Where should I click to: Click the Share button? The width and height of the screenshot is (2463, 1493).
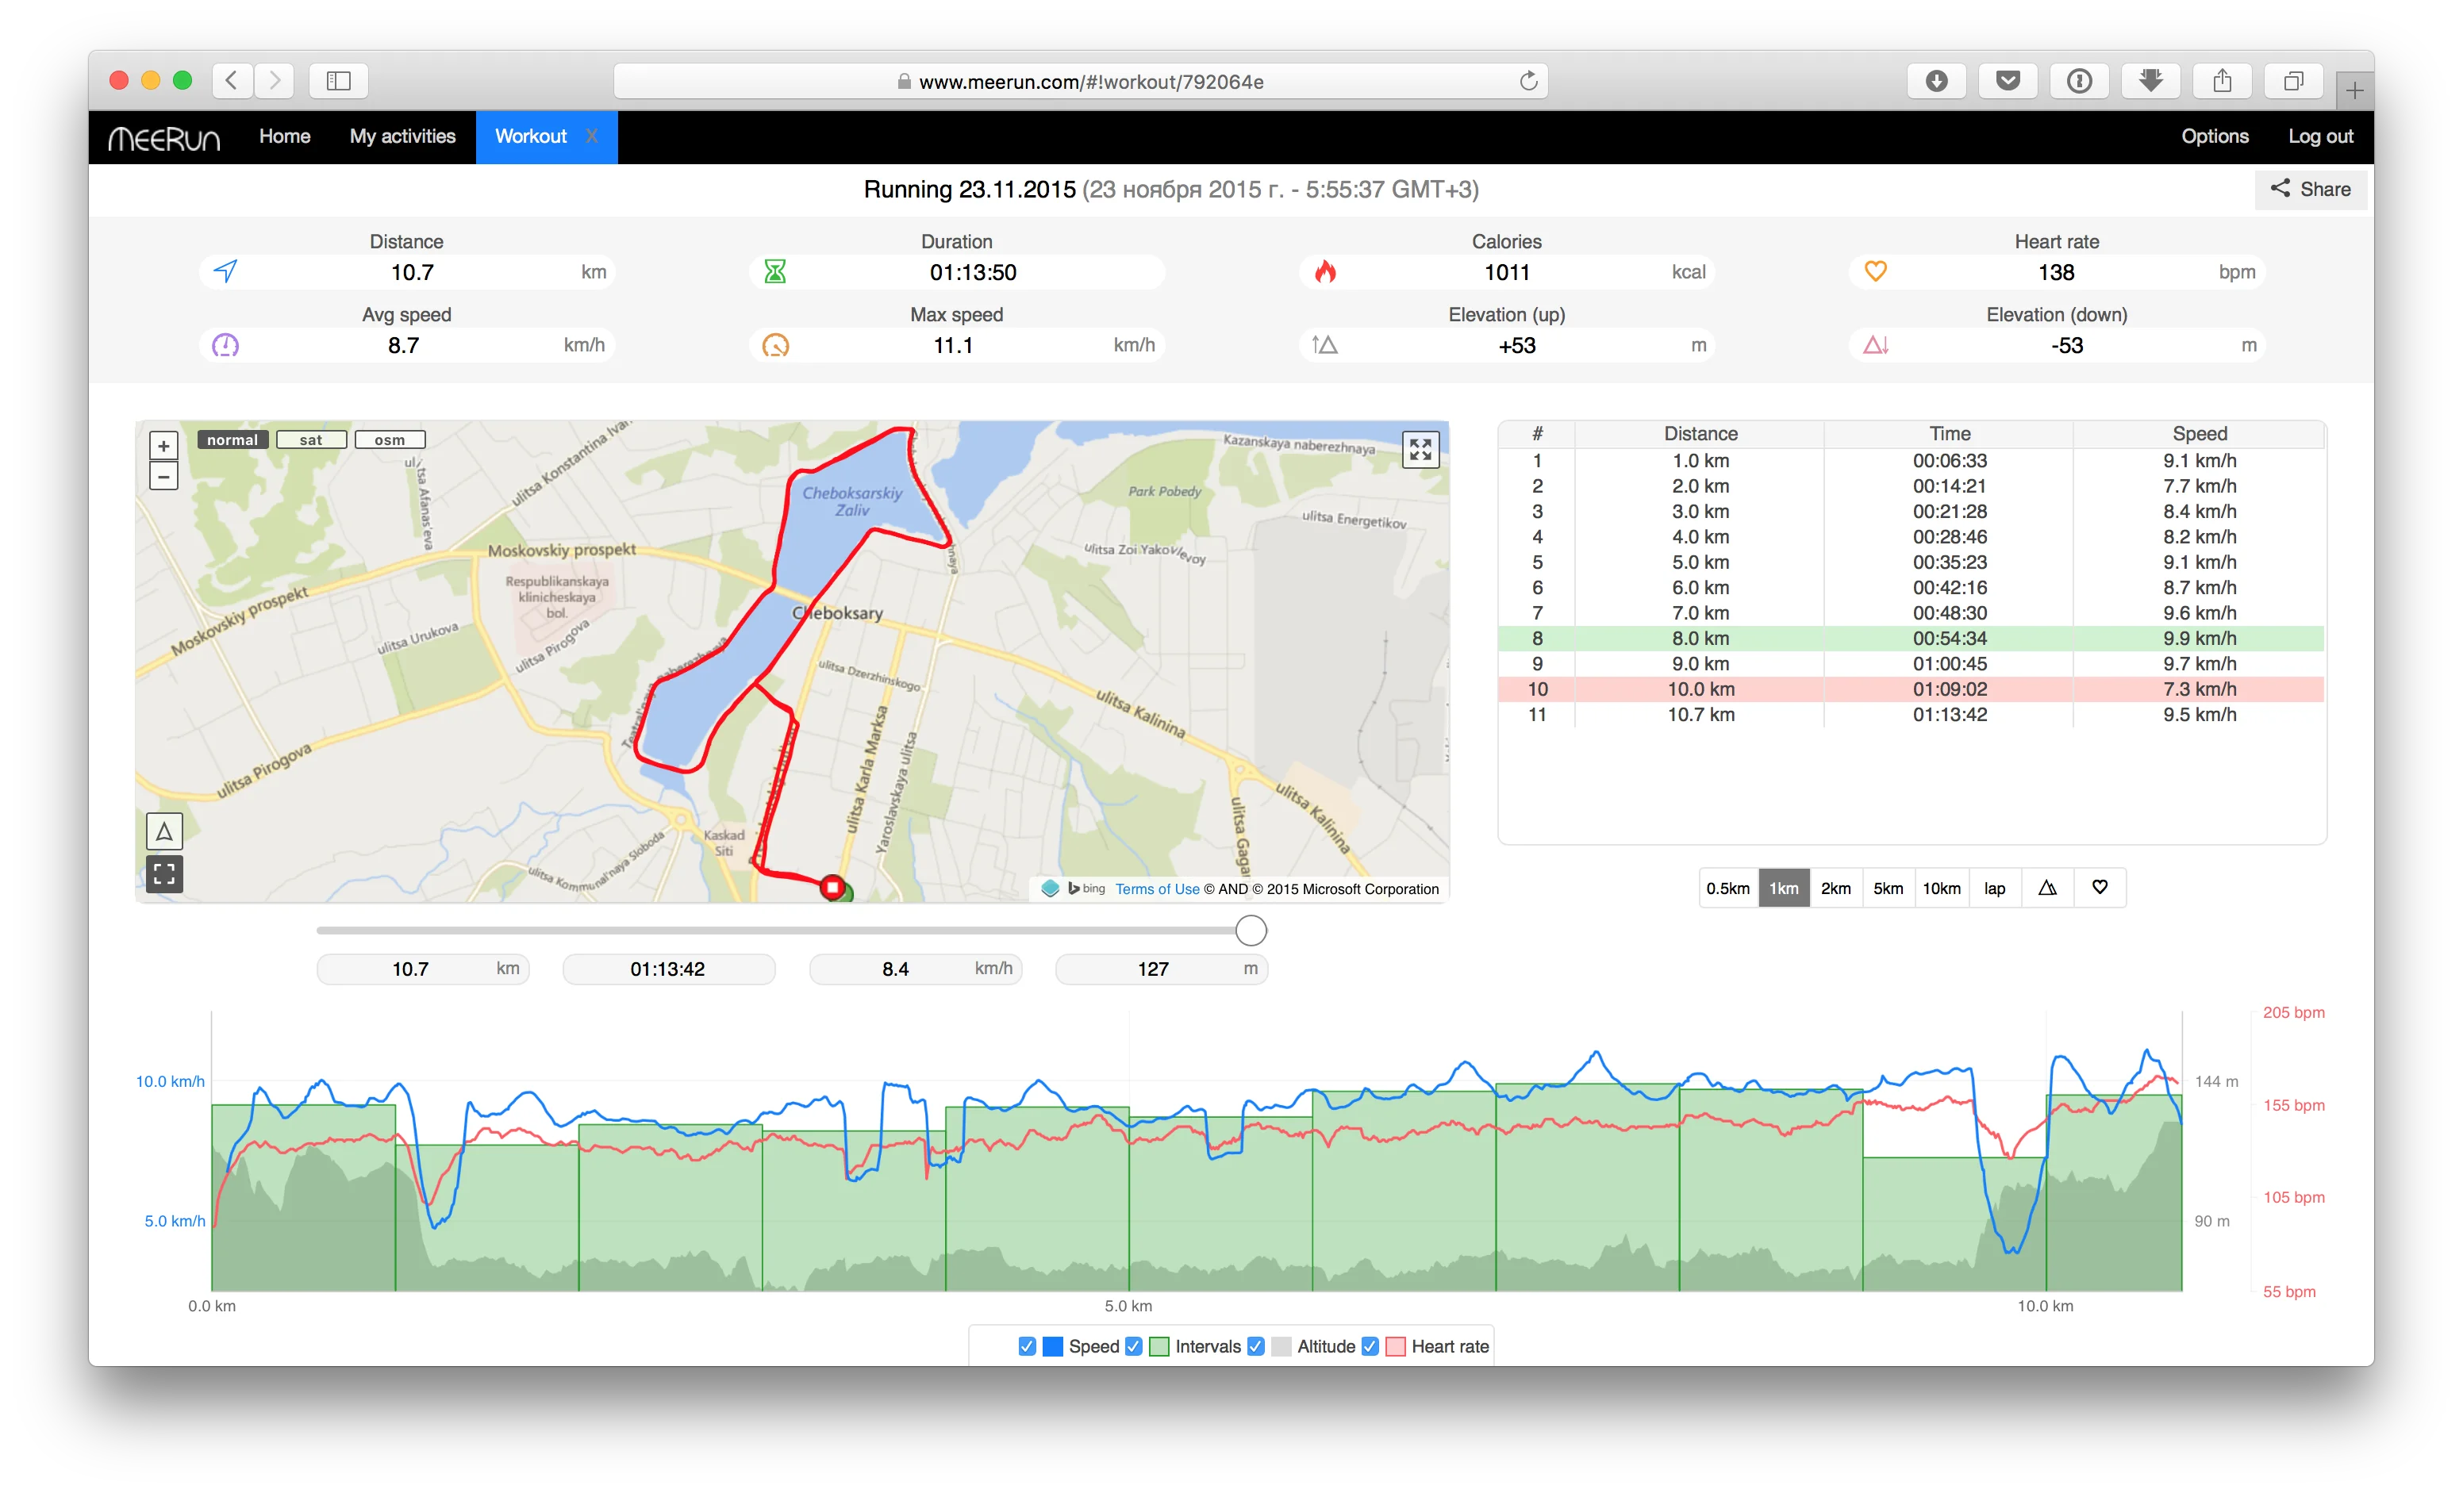click(x=2309, y=189)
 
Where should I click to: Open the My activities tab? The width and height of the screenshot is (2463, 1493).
click(x=402, y=136)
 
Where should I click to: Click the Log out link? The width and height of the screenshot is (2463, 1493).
click(x=2320, y=136)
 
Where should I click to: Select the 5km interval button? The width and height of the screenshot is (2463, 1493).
click(x=1887, y=889)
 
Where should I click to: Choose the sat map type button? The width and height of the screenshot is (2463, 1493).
click(x=311, y=439)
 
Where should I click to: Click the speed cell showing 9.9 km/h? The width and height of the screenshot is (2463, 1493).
click(x=2199, y=639)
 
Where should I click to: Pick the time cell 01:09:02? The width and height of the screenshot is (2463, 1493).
click(x=1949, y=689)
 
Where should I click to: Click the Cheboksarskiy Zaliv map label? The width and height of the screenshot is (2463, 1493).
click(x=851, y=501)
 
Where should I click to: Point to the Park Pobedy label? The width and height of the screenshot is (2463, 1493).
click(x=1165, y=492)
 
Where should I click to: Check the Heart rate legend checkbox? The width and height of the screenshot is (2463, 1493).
click(x=1370, y=1346)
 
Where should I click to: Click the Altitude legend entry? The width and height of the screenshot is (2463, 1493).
click(x=1325, y=1346)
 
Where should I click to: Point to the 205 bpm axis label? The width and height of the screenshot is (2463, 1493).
click(x=2293, y=1012)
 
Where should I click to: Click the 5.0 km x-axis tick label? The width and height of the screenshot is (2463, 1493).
click(x=1128, y=1306)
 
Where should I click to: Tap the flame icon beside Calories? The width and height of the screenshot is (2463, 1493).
click(x=1325, y=272)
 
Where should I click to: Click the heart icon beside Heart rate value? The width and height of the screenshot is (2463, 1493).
click(x=1875, y=272)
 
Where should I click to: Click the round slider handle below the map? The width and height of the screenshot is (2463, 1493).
click(x=1251, y=931)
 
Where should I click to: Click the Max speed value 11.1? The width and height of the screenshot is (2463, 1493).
click(x=953, y=346)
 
